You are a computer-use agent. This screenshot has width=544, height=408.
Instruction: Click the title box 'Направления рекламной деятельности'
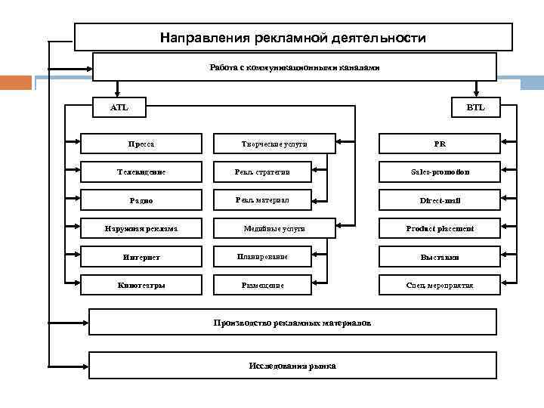pos(293,37)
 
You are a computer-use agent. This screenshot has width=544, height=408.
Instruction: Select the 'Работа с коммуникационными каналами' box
pos(294,67)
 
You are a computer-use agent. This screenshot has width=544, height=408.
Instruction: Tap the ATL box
pos(119,107)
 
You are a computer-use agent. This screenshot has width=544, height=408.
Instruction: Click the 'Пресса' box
pos(141,144)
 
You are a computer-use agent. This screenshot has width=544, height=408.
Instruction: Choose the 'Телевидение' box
pos(141,172)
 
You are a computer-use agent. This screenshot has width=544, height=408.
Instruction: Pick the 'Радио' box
pos(141,200)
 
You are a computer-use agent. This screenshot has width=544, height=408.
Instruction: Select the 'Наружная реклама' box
pos(141,228)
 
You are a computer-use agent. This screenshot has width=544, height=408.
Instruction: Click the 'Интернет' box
pos(141,257)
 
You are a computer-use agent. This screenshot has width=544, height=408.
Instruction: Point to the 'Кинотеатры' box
pos(141,285)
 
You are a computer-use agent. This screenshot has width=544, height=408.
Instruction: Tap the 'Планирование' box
pos(262,257)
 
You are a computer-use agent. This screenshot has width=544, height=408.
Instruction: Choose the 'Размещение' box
pos(262,285)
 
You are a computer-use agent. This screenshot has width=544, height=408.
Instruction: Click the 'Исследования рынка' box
pos(292,366)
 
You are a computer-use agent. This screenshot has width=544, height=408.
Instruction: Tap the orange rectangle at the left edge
pos(15,82)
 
